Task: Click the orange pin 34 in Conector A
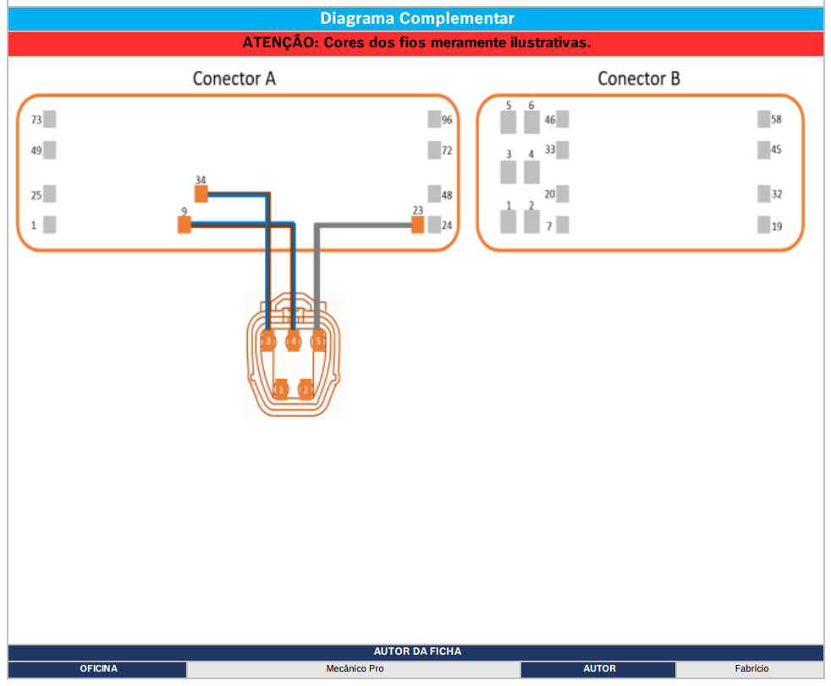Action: [201, 194]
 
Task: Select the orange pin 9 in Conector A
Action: [184, 225]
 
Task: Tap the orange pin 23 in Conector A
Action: [418, 225]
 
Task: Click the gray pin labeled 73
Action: [50, 119]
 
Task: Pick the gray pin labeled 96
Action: [434, 119]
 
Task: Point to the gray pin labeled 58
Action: [763, 119]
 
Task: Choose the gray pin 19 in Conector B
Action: [763, 225]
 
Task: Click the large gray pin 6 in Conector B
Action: [531, 123]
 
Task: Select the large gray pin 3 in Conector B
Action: [509, 173]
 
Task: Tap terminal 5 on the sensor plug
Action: [318, 341]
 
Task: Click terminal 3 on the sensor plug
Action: [268, 341]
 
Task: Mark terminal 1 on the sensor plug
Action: [281, 389]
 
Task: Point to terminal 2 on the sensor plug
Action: [305, 389]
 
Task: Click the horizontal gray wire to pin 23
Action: [364, 225]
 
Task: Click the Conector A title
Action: [234, 79]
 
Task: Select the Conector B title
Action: [639, 79]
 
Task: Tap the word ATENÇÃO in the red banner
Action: [281, 42]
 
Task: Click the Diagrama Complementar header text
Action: [417, 19]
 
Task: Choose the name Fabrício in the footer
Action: [751, 668]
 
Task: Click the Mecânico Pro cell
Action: [355, 668]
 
